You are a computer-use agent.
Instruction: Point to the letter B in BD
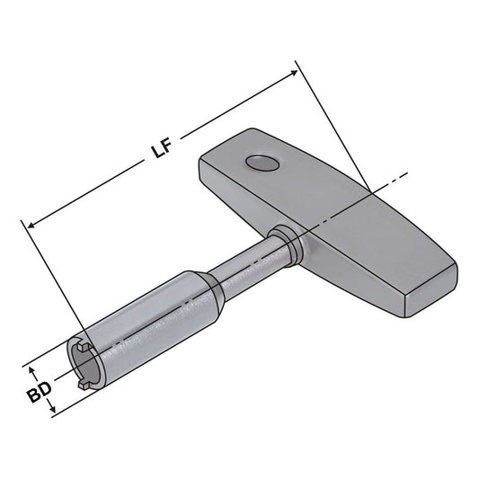(31, 394)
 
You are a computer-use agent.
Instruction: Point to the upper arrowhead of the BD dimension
(33, 368)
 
